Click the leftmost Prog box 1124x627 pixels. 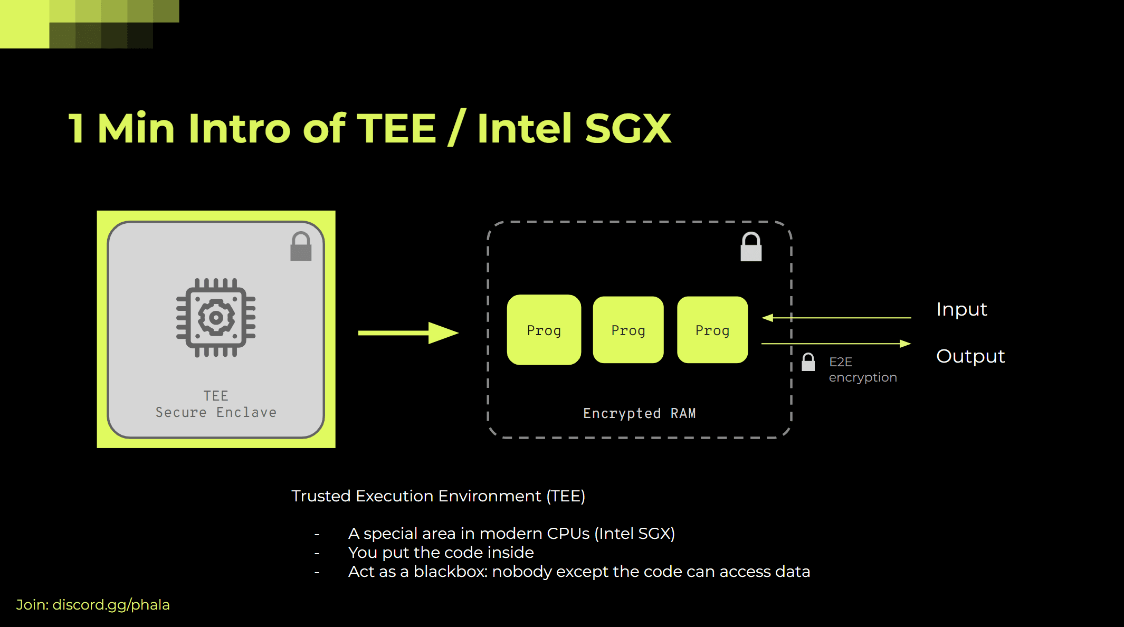click(544, 330)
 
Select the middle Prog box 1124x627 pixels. click(628, 330)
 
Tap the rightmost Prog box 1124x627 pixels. click(712, 330)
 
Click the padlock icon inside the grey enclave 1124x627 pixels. click(301, 247)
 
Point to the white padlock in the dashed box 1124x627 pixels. click(751, 247)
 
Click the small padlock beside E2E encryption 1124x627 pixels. click(808, 363)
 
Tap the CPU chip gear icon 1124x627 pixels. click(216, 318)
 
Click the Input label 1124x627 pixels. click(961, 309)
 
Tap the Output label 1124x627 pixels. click(970, 356)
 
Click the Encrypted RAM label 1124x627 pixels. click(639, 413)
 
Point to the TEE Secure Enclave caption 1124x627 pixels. click(216, 404)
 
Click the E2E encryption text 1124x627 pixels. click(862, 369)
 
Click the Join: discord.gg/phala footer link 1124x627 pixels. click(93, 605)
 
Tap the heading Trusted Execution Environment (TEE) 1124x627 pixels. click(438, 496)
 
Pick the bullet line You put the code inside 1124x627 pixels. click(441, 553)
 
